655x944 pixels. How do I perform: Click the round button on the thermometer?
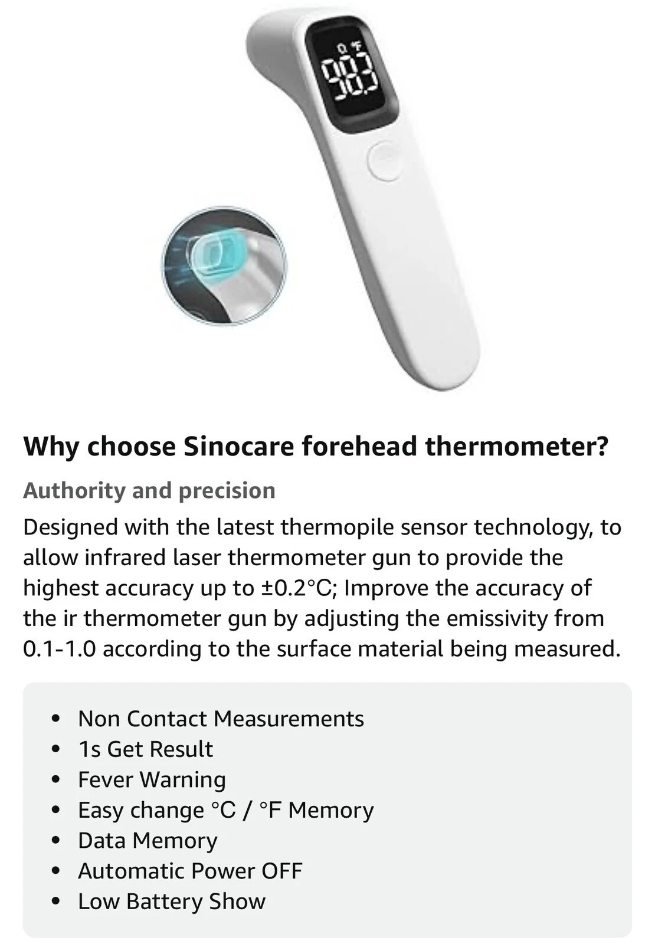[x=385, y=162]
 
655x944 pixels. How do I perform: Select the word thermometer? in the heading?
[x=517, y=447]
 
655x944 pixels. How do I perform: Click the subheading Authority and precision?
[x=149, y=491]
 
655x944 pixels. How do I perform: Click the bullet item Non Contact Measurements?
[x=221, y=719]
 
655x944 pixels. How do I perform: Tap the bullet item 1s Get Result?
[x=145, y=750]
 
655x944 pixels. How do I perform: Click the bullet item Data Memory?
[x=148, y=841]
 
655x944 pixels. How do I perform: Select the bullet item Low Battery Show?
[x=172, y=902]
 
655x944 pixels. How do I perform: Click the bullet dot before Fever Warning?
[x=55, y=781]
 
